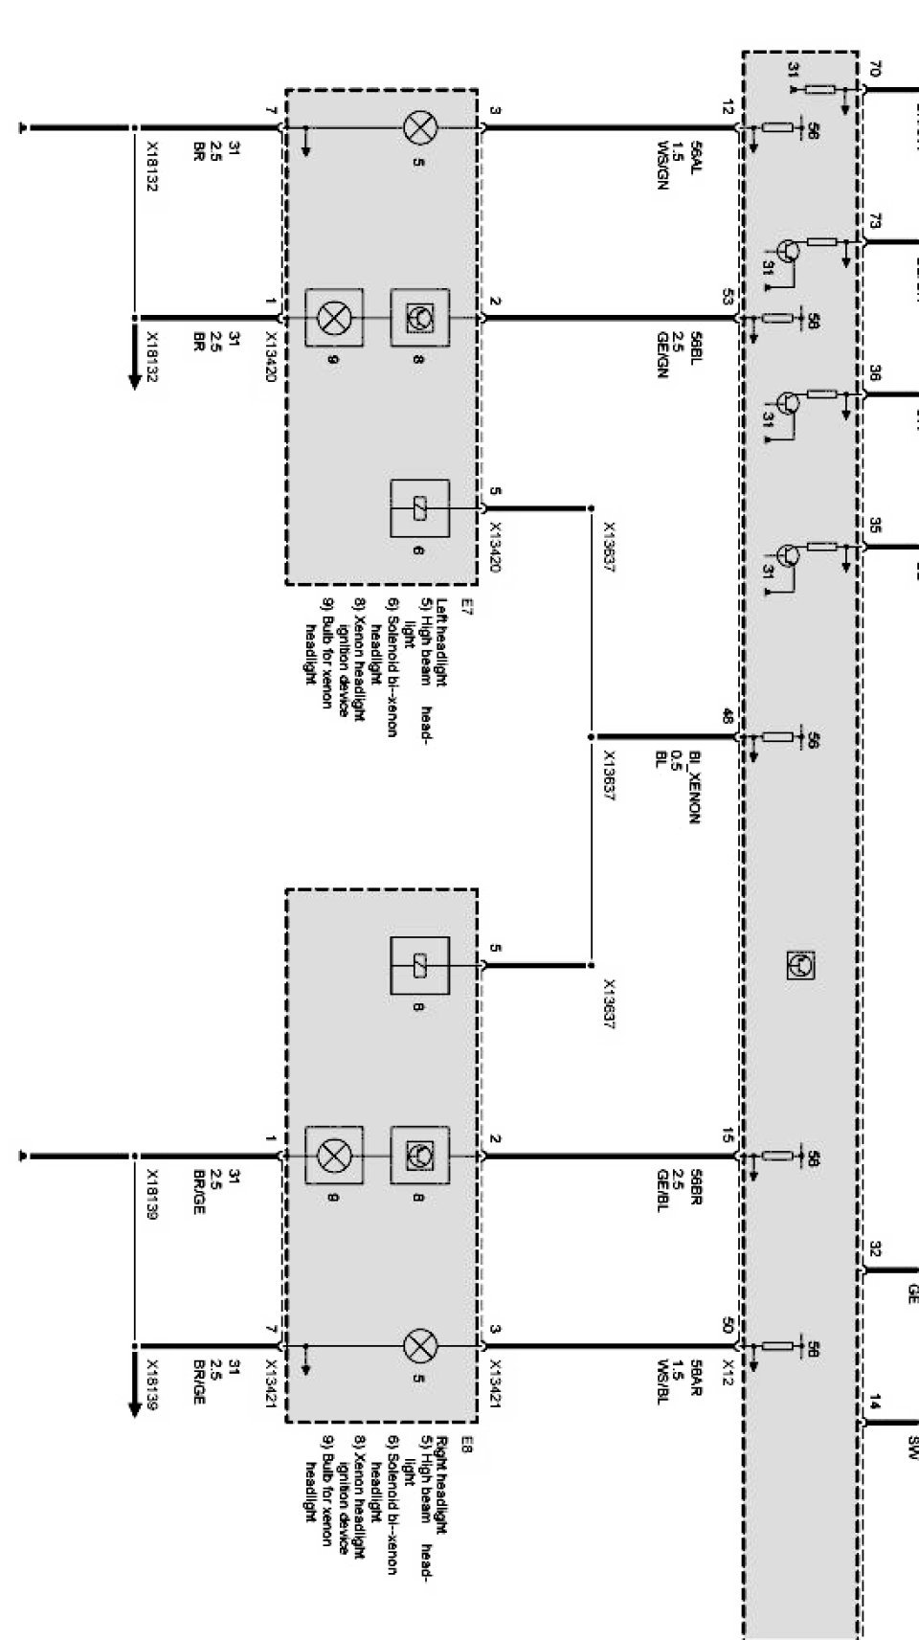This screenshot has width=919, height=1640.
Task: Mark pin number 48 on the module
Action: click(x=728, y=714)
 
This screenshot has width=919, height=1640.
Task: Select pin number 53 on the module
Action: click(x=728, y=296)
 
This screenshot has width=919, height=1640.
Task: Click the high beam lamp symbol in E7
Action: click(x=418, y=127)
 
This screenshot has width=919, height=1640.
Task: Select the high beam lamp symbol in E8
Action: click(x=418, y=1346)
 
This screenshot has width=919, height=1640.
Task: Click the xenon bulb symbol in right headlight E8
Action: click(x=333, y=1156)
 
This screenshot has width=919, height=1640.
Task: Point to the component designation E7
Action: click(x=467, y=605)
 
